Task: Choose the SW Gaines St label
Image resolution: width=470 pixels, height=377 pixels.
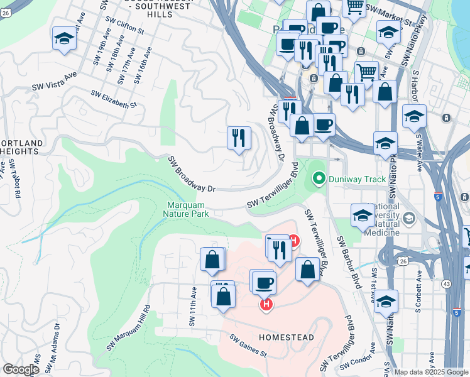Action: click(x=248, y=346)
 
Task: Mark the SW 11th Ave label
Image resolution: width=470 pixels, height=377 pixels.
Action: click(x=193, y=307)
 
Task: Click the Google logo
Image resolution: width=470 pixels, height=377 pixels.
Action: click(x=21, y=369)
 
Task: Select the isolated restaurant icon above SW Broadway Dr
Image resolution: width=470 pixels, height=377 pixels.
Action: click(x=239, y=138)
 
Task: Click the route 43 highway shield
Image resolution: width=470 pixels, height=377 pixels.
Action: click(x=445, y=284)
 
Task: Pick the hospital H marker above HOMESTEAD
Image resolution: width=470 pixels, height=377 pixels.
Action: click(x=266, y=304)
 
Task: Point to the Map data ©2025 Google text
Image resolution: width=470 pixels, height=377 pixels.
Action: click(x=430, y=372)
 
